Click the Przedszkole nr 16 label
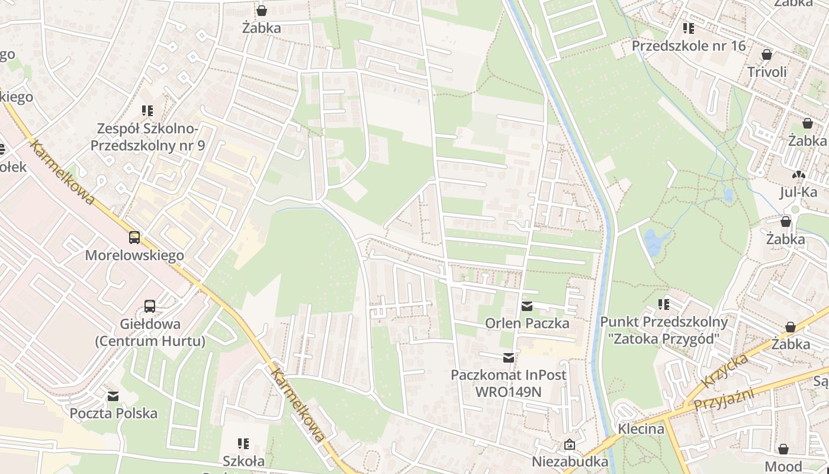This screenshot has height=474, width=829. (688, 46)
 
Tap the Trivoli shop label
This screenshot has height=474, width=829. (767, 72)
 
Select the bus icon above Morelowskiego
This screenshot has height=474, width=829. (134, 238)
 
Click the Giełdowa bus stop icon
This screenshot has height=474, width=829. (150, 306)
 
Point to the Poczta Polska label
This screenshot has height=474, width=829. (114, 414)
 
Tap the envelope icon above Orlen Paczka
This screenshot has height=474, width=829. (526, 306)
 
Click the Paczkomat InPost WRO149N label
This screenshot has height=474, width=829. (508, 383)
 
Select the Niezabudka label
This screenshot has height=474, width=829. (570, 462)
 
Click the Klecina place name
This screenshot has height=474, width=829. (641, 428)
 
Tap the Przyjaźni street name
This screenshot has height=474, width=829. (724, 398)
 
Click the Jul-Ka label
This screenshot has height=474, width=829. (798, 192)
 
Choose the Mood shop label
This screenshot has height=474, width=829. (783, 466)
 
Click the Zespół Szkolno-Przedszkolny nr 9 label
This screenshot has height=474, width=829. (147, 137)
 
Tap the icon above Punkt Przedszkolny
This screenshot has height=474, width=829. (664, 305)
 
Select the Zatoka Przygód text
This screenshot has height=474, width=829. (663, 339)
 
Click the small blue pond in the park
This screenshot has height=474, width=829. (656, 242)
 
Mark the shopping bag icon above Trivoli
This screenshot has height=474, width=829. (767, 55)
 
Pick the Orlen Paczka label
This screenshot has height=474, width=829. (527, 324)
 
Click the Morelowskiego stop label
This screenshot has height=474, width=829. (134, 255)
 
